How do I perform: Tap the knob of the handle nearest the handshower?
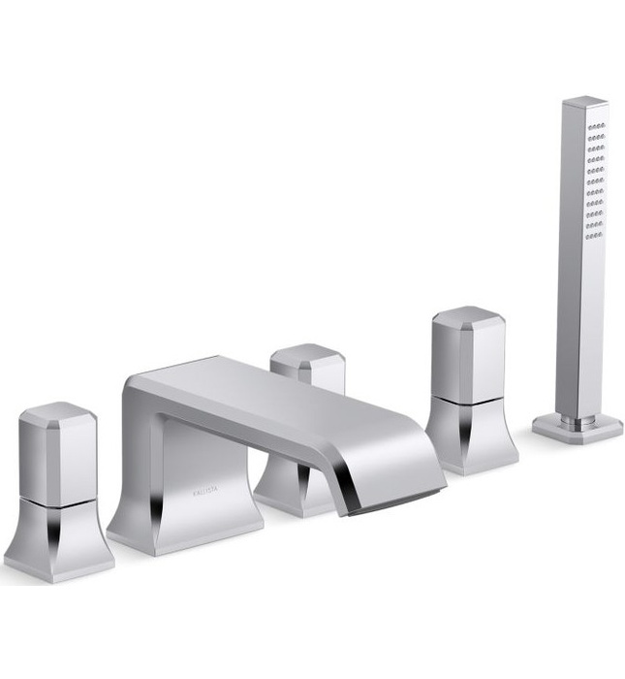468,354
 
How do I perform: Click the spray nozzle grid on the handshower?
595,179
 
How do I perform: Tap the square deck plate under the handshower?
578,426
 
